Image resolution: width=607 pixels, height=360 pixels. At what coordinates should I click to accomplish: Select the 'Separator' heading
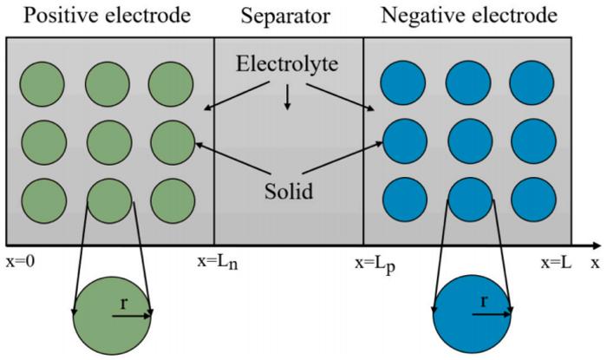288,16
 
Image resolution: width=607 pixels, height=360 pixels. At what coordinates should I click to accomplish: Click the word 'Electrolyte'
288,63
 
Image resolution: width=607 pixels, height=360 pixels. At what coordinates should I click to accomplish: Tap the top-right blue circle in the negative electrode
532,84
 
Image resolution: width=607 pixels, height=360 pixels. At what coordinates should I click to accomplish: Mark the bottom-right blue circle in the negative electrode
532,199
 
